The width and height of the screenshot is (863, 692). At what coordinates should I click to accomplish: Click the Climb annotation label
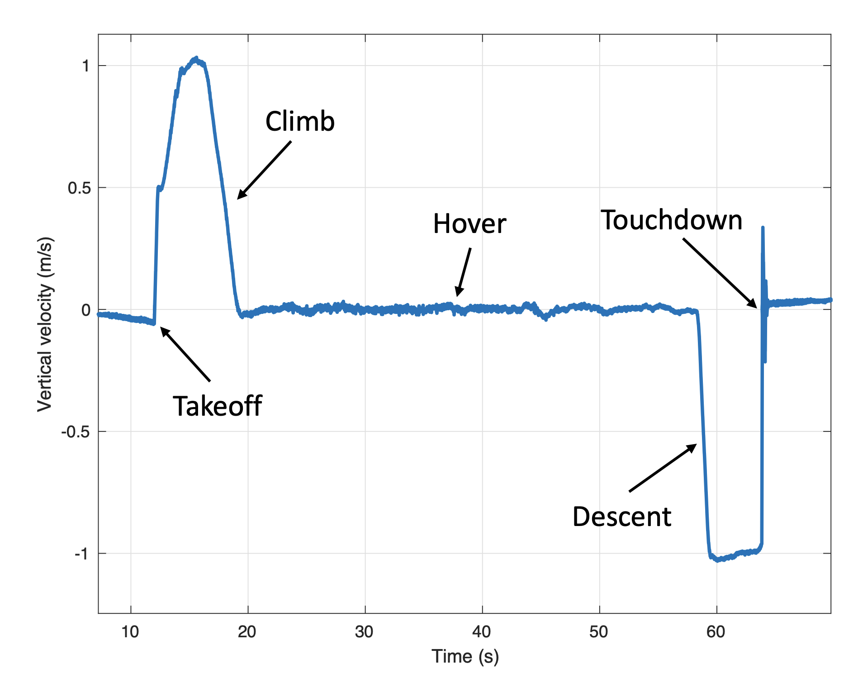pyautogui.click(x=300, y=122)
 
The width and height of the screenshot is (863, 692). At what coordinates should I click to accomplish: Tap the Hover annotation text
pyautogui.click(x=469, y=224)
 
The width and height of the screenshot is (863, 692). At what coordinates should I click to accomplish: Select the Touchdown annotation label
pyautogui.click(x=671, y=220)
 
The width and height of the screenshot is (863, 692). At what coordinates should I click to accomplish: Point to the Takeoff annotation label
pyautogui.click(x=218, y=406)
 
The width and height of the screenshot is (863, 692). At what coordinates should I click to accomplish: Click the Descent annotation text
pyautogui.click(x=621, y=517)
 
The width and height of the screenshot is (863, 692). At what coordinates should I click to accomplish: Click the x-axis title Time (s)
pyautogui.click(x=465, y=656)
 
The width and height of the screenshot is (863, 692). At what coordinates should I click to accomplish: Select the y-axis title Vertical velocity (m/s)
pyautogui.click(x=45, y=324)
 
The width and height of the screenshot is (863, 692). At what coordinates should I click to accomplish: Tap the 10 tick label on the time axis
pyautogui.click(x=130, y=632)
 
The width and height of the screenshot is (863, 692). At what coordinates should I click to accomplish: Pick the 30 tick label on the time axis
pyautogui.click(x=365, y=632)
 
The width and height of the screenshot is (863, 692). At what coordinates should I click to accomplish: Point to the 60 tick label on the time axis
pyautogui.click(x=716, y=632)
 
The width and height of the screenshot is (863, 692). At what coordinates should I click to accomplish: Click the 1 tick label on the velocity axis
pyautogui.click(x=85, y=66)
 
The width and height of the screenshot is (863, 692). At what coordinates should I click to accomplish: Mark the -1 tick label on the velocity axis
pyautogui.click(x=81, y=554)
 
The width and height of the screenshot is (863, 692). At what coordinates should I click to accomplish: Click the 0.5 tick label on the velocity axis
pyautogui.click(x=79, y=188)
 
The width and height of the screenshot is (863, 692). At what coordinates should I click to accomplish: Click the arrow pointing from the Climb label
pyautogui.click(x=264, y=170)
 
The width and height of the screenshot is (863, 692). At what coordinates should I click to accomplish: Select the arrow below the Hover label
pyautogui.click(x=464, y=272)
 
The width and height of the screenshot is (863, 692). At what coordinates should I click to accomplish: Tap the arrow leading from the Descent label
pyautogui.click(x=663, y=468)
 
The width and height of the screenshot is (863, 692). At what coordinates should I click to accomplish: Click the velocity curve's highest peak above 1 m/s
pyautogui.click(x=196, y=58)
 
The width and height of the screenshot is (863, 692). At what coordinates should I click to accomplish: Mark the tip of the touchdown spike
pyautogui.click(x=763, y=228)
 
